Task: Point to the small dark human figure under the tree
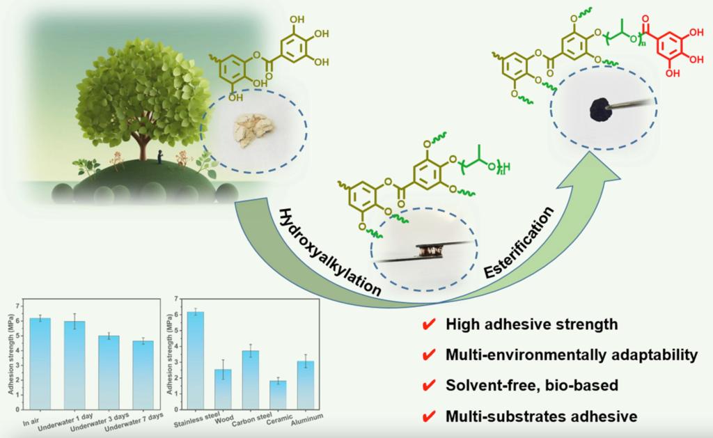point(161,156)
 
